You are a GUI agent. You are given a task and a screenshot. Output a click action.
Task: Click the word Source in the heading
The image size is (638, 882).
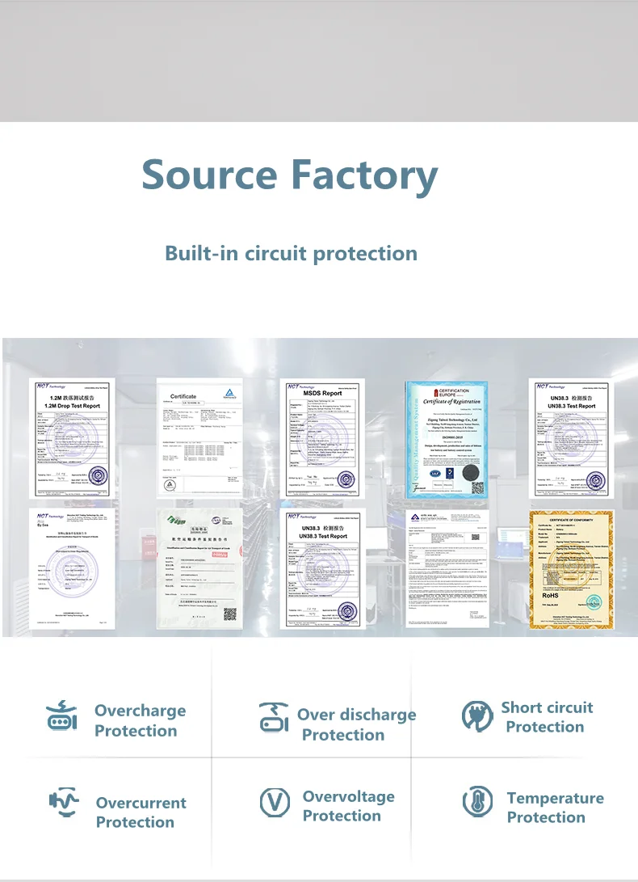[x=208, y=175]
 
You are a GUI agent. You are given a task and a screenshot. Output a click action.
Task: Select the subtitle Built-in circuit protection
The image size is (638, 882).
[x=291, y=253]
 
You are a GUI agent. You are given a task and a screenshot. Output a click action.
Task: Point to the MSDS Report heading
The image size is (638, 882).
[x=321, y=393]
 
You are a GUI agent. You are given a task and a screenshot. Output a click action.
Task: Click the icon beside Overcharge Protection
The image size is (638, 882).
[x=61, y=717]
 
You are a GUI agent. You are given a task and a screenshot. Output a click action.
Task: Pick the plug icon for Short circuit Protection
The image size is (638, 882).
[x=477, y=716]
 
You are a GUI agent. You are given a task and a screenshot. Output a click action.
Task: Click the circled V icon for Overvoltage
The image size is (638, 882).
[x=274, y=803]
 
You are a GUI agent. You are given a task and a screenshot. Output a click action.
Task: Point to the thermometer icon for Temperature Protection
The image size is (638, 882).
[x=477, y=802]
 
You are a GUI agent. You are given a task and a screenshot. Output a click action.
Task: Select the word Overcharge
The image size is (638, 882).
[x=140, y=711]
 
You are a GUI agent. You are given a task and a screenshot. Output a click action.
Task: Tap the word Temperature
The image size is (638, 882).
[x=555, y=798]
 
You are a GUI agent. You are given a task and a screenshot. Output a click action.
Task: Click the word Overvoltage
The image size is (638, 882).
[x=348, y=796]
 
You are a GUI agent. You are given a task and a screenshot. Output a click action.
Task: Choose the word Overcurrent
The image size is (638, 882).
[x=141, y=803]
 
